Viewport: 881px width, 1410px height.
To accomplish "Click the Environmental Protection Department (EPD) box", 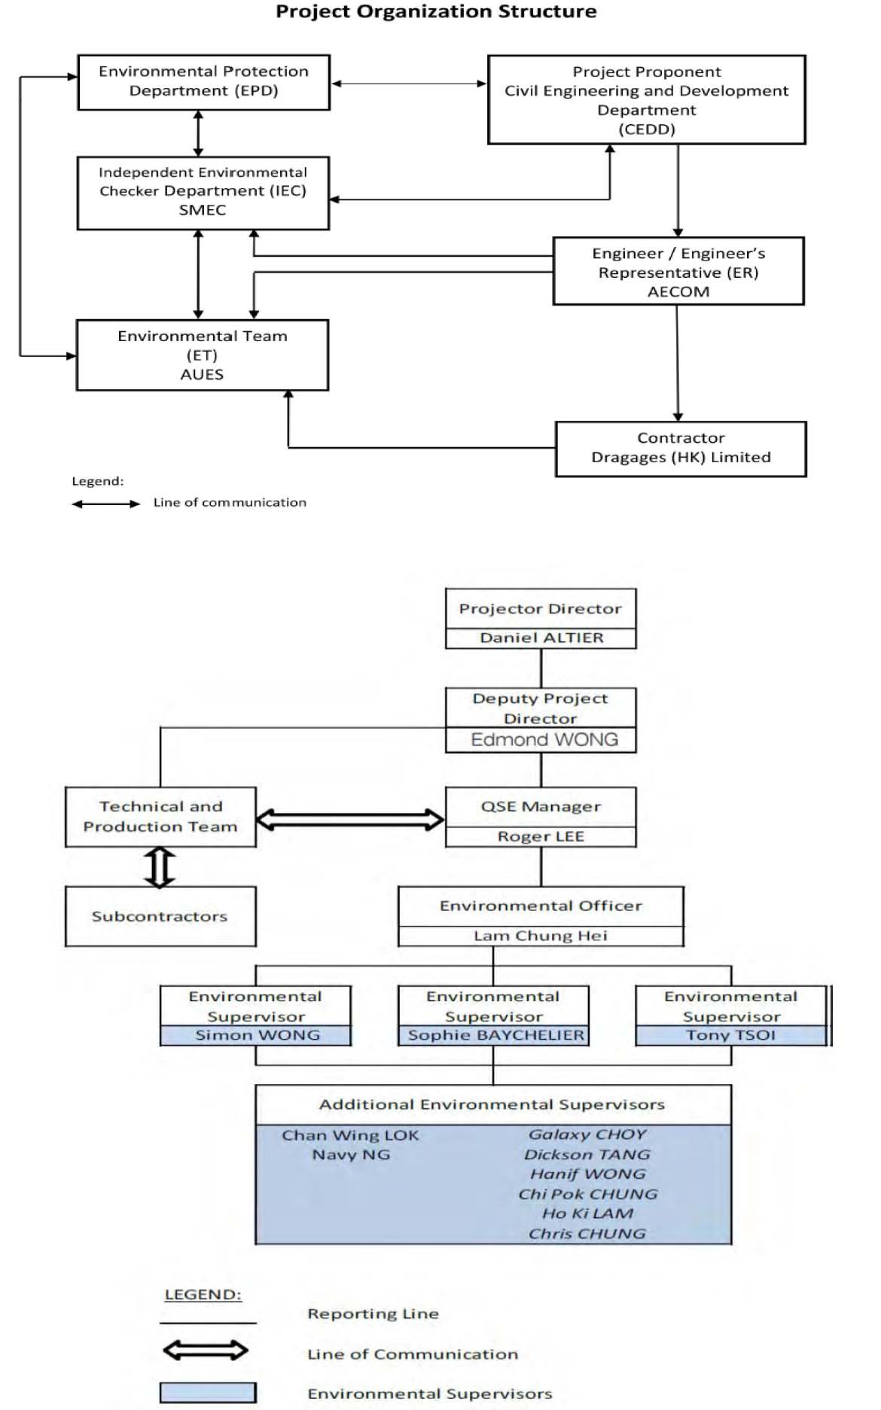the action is [x=203, y=82].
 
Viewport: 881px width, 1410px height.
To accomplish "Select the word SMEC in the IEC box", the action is [x=203, y=210].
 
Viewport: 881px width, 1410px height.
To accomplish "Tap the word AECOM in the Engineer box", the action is [x=678, y=291].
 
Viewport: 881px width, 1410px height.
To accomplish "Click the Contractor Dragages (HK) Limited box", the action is [x=681, y=449].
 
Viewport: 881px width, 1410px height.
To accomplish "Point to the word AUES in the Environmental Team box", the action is [x=202, y=374].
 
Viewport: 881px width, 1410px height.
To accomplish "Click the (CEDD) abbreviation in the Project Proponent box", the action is [x=647, y=129].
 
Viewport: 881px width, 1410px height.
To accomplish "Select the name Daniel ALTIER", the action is [x=541, y=638].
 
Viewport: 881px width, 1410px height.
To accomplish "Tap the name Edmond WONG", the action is [x=544, y=740].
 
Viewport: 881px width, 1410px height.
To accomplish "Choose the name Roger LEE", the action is [x=541, y=836].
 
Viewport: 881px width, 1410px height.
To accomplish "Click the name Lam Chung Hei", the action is [x=541, y=936].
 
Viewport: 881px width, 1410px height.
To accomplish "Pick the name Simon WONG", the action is [x=258, y=1035].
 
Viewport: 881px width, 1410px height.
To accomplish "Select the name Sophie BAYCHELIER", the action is [x=495, y=1035].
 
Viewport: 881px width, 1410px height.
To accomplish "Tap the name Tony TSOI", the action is [x=730, y=1035].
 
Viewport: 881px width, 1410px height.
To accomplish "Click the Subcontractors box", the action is [x=160, y=916].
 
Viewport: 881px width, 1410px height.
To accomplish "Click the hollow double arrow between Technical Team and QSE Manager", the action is [x=350, y=819].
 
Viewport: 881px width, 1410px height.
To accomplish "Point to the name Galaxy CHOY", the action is [x=587, y=1134].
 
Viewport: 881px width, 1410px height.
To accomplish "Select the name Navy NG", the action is [x=351, y=1154].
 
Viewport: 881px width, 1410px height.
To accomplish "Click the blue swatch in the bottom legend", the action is [x=208, y=1393].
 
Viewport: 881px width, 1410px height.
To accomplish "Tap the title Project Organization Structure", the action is [x=436, y=11].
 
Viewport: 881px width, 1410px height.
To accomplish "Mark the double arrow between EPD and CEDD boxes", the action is [x=409, y=84].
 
